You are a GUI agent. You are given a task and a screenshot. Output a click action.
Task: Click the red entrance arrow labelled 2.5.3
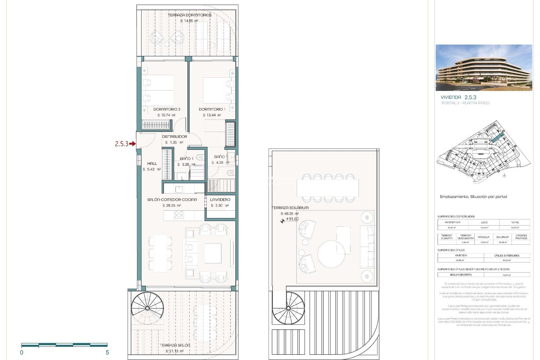point(132,144)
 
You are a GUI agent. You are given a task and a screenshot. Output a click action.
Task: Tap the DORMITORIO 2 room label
point(167,109)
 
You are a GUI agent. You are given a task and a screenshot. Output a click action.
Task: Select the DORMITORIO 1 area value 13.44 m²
point(212,115)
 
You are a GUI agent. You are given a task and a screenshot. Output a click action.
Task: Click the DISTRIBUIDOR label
point(174,136)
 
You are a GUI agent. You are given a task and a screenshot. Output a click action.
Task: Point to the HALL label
point(152,163)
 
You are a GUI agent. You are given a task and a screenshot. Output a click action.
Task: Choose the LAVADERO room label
point(220,199)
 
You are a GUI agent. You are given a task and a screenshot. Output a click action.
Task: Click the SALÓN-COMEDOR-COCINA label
point(172,199)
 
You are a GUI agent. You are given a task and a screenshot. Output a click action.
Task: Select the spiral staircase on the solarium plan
point(288,308)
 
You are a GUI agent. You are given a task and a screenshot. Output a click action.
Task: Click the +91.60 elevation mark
point(292,219)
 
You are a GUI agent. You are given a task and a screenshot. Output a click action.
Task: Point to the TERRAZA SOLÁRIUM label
point(290,208)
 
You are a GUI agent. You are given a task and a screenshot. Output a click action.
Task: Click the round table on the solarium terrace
point(331,254)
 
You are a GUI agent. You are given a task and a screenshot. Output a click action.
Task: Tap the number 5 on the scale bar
point(107,353)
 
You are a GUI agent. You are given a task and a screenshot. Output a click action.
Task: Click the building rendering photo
point(484,67)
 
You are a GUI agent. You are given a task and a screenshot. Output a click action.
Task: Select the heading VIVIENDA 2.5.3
point(458,97)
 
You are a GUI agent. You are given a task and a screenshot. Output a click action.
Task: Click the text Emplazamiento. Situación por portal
point(473,197)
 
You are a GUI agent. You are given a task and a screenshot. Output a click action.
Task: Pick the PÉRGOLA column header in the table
point(483,237)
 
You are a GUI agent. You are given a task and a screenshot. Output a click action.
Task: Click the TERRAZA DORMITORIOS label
point(190,15)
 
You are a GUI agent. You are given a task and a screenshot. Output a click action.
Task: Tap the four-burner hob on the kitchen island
point(179,215)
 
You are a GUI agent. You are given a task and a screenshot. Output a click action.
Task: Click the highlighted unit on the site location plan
point(498,138)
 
